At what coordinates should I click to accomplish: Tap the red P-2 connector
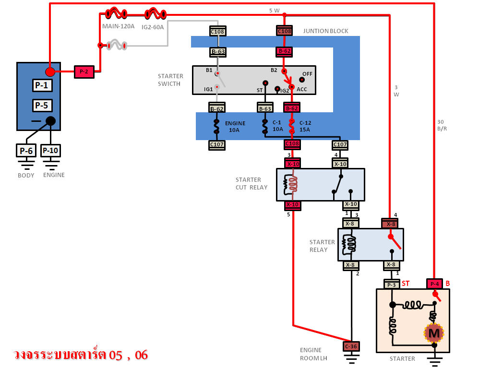pos(84,72)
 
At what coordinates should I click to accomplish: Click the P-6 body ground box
pos(26,151)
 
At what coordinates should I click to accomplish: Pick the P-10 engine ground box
pos(50,151)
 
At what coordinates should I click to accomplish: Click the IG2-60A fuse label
pos(153,27)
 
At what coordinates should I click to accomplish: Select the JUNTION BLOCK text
pos(325,31)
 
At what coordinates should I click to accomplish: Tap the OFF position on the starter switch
pos(307,74)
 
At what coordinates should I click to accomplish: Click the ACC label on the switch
pos(302,89)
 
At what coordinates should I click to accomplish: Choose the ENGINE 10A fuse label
pos(235,127)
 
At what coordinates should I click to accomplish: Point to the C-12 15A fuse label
pos(305,127)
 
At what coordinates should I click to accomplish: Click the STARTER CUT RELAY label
pos(251,183)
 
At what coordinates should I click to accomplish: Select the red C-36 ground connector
pos(351,346)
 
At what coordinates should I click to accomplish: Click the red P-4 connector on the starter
pos(434,284)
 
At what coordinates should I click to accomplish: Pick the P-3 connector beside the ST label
pos(391,284)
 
